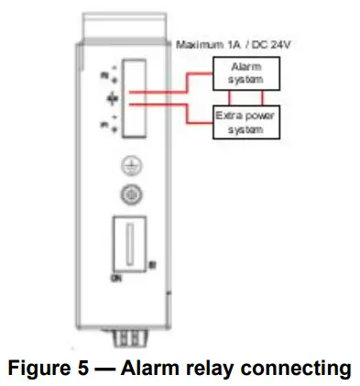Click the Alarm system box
click(x=242, y=72)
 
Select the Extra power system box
click(x=242, y=123)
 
